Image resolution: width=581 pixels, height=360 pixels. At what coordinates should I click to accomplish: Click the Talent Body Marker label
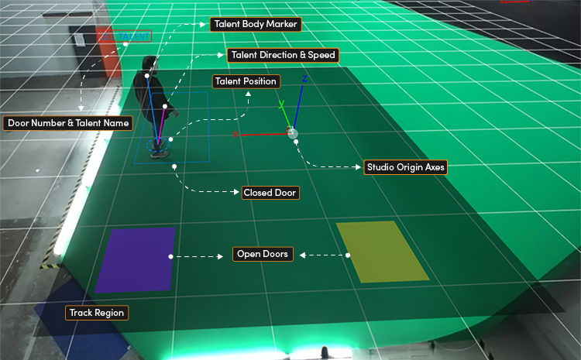click(x=256, y=25)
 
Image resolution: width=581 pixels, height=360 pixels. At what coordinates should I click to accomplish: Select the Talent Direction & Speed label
click(x=283, y=55)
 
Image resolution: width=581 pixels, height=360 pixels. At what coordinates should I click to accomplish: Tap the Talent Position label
click(x=246, y=81)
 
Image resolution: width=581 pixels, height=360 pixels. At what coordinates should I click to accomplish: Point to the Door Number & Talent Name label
click(x=68, y=123)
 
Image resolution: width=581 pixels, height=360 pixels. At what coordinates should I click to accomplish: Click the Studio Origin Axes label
click(x=406, y=167)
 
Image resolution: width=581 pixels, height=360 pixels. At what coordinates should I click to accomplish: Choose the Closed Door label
click(x=270, y=193)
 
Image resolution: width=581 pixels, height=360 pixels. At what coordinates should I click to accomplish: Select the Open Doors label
click(x=263, y=255)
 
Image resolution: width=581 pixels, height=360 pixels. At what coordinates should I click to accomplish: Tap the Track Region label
click(x=97, y=313)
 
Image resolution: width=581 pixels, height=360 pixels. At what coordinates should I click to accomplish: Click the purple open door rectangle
click(x=136, y=260)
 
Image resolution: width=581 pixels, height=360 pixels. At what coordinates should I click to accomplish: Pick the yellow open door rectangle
click(x=382, y=252)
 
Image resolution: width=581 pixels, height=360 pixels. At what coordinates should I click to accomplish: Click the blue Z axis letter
click(x=304, y=79)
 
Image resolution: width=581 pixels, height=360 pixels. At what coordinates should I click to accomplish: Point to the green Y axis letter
click(x=282, y=105)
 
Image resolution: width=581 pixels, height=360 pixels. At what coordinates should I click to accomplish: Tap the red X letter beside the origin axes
click(x=235, y=134)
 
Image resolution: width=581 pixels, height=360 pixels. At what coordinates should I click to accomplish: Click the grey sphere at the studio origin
click(x=293, y=133)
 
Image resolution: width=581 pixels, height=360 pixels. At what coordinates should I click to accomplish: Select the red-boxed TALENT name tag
click(x=124, y=36)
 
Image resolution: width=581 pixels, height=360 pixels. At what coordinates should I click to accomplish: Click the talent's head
click(x=150, y=63)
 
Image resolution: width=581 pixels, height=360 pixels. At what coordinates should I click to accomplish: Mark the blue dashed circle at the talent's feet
click(x=158, y=145)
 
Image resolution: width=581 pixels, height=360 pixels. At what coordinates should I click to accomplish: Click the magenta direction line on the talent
click(x=162, y=125)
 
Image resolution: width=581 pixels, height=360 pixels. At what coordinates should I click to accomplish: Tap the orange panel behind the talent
click(x=108, y=52)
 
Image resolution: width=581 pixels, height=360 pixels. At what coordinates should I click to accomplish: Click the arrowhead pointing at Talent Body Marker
click(x=202, y=25)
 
